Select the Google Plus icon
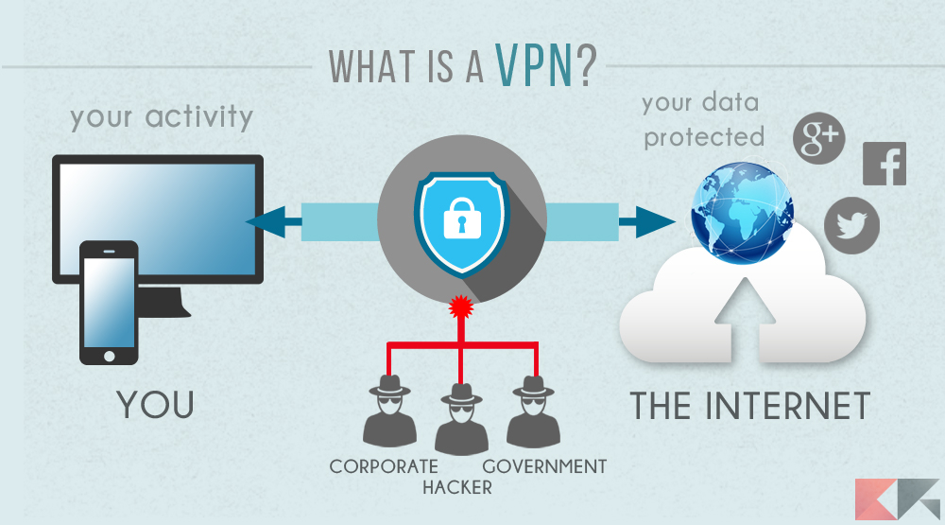[x=817, y=139]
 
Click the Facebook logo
[x=884, y=164]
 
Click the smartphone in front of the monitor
[x=108, y=302]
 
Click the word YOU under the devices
[x=157, y=405]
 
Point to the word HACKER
[x=457, y=488]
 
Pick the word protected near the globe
[x=704, y=137]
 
